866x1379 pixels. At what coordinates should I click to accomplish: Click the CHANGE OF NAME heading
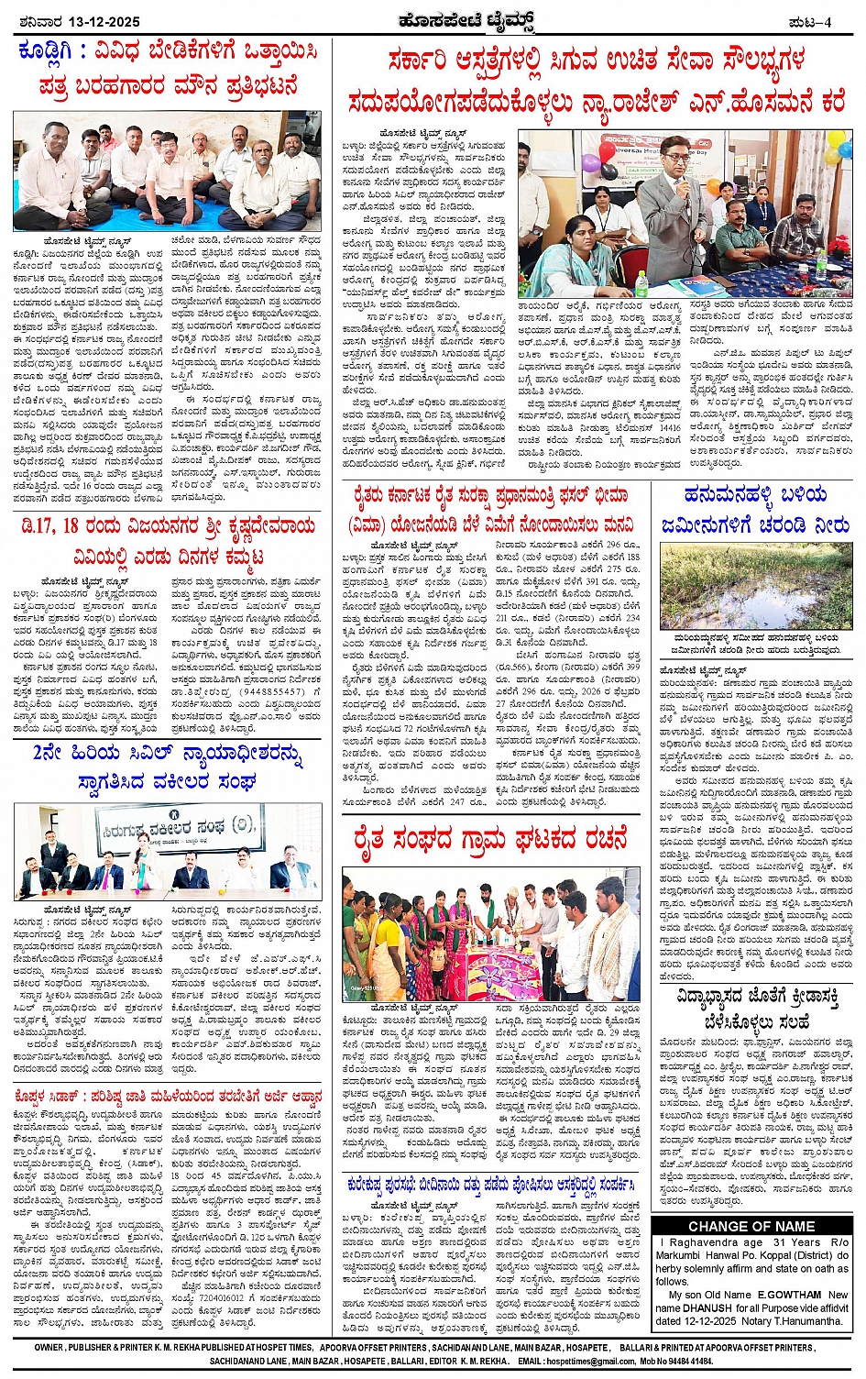click(x=751, y=1226)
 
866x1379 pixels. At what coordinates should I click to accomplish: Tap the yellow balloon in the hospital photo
click(x=835, y=140)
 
